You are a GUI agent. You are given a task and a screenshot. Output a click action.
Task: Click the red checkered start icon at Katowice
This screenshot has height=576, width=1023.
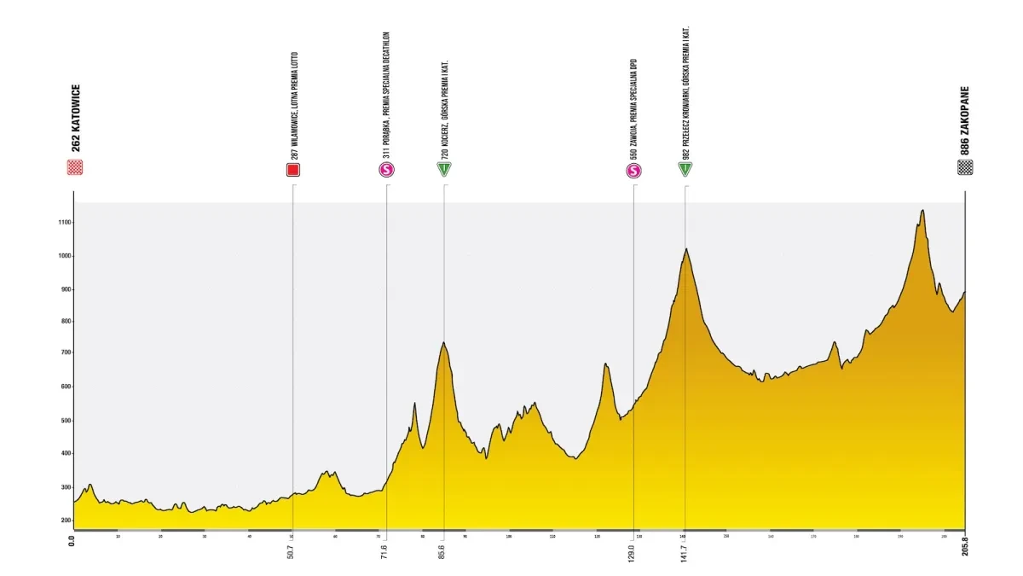[x=75, y=167]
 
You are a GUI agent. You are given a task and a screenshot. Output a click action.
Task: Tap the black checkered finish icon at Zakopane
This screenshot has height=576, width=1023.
[x=965, y=167]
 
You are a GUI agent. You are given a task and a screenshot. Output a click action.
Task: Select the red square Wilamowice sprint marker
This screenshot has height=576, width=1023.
[x=293, y=170]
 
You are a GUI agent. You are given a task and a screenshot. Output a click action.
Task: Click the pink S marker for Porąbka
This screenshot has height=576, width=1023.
[x=387, y=170]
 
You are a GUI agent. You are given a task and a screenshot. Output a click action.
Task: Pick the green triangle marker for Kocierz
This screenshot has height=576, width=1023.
[x=444, y=170]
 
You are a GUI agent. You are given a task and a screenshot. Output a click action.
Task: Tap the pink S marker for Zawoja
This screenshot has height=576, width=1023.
[x=633, y=171]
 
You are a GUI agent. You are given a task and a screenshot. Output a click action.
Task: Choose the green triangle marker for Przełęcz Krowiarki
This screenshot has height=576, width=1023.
[x=685, y=170]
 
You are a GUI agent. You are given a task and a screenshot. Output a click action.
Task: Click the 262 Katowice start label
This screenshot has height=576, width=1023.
[x=76, y=119]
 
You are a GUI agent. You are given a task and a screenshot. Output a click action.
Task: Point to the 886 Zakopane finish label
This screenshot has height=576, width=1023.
[x=965, y=119]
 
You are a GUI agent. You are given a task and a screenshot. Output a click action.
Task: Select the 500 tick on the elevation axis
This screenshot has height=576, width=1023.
[x=62, y=421]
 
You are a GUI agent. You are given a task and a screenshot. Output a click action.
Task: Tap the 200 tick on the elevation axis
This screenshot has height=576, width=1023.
[x=62, y=520]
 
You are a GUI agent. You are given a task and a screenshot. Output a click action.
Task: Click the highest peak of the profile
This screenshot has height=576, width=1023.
[x=922, y=211]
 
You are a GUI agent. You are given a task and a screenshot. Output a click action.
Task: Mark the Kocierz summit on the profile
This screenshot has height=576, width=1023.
[x=444, y=343]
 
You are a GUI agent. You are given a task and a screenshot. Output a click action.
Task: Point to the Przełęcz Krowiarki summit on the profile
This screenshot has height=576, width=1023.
[x=685, y=249]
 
